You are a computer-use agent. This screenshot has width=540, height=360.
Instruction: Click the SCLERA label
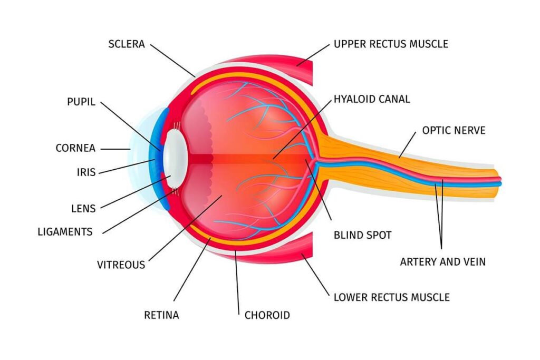tap(127, 44)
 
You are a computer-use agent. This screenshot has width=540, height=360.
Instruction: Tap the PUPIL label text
tap(81, 102)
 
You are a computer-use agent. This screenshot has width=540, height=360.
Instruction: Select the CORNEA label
tap(75, 148)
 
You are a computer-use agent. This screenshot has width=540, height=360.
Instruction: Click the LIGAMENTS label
tap(65, 231)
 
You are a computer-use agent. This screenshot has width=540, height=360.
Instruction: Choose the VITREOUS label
tap(121, 265)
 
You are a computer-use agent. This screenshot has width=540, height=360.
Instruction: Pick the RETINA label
tap(161, 315)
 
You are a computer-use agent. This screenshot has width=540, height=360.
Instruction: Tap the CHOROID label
tap(267, 315)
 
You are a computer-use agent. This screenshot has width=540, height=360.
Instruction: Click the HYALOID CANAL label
tap(371, 99)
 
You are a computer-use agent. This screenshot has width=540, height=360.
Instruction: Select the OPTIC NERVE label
tap(454, 130)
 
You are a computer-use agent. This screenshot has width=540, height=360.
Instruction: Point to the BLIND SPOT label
tap(362, 235)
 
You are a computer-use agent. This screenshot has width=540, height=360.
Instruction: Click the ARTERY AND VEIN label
tap(442, 261)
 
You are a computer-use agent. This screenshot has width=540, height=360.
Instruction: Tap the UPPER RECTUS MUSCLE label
tap(391, 44)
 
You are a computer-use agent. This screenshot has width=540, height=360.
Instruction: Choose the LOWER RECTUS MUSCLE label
tap(391, 297)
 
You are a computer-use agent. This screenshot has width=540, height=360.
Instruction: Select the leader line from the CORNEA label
tap(115, 149)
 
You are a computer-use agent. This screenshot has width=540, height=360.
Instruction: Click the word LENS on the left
tap(83, 208)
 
